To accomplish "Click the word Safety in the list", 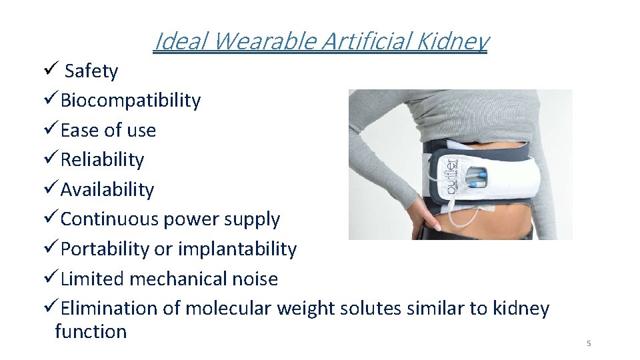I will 91,71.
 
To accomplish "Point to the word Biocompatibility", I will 130,101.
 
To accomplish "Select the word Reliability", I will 102,160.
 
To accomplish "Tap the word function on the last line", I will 91,331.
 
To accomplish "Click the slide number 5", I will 589,343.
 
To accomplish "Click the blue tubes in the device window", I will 477,178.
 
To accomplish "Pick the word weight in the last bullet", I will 306,309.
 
